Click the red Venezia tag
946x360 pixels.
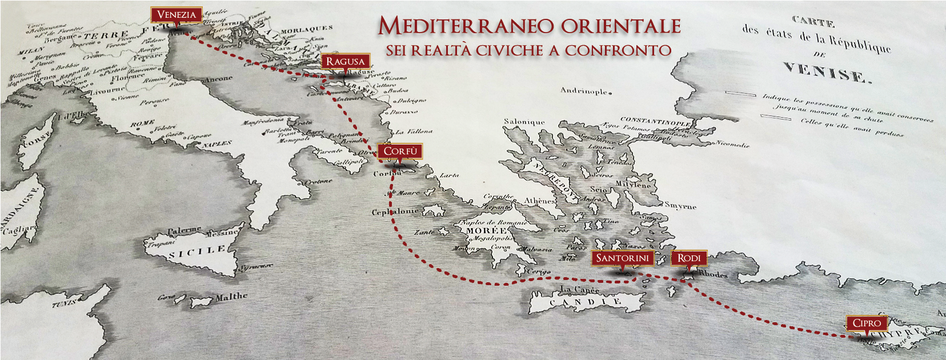[177, 15]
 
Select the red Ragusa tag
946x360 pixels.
[345, 61]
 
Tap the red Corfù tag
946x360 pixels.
[400, 151]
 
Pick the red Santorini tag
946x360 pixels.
[622, 258]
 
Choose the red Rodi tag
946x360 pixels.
[689, 258]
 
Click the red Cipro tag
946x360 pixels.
[867, 323]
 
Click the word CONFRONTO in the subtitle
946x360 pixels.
[618, 51]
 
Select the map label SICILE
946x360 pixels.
[198, 251]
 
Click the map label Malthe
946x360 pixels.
[231, 297]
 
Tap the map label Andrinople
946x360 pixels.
[584, 91]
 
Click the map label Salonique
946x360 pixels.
[524, 122]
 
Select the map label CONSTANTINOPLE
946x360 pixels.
[655, 121]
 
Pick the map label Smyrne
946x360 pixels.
[680, 206]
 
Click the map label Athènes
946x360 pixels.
[540, 201]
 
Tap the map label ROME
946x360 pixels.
[142, 123]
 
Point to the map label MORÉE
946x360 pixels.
[486, 230]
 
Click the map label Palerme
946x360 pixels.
[184, 230]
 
